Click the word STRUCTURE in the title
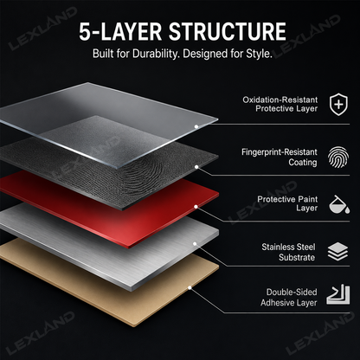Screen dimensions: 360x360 (228, 31)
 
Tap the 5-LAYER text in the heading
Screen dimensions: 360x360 (120, 31)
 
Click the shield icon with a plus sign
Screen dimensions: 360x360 (338, 104)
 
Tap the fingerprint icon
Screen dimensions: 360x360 (338, 157)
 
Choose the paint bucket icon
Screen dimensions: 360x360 (339, 204)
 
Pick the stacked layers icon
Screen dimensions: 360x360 (337, 252)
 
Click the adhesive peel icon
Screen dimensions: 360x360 (338, 295)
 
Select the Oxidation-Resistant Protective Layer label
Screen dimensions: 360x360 (280, 104)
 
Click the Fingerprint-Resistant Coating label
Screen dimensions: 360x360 (280, 157)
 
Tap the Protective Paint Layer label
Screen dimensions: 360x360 (287, 203)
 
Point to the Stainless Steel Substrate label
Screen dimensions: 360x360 (288, 252)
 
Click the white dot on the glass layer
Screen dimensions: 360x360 (196, 126)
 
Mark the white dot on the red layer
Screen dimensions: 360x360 (196, 207)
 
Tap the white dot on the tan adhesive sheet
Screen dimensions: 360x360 (190, 287)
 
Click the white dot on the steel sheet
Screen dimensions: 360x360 (195, 244)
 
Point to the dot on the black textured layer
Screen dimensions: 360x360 (196, 167)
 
